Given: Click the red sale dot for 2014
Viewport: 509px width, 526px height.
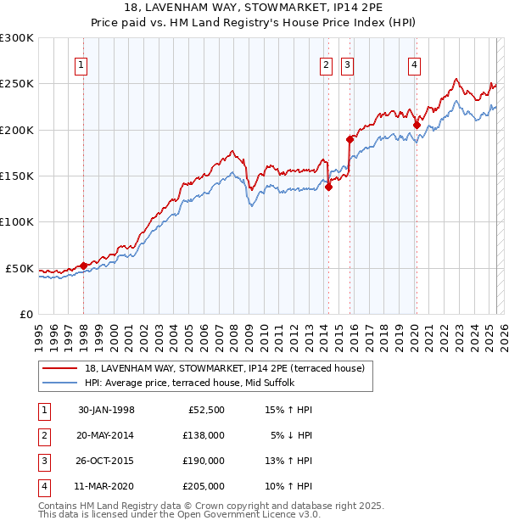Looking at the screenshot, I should point(328,187).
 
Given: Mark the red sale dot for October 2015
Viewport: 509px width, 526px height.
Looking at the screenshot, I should point(350,139).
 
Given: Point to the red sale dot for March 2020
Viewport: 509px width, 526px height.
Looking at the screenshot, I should point(417,126).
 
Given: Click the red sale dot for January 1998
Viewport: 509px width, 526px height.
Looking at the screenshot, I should point(83,266).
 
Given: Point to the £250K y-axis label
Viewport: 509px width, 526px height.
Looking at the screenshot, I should point(17,84).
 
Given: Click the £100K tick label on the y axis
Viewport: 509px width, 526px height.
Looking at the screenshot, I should point(17,221).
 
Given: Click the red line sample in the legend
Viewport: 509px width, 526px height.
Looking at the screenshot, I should point(60,368).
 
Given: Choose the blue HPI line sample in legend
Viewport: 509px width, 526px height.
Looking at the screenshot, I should point(60,383).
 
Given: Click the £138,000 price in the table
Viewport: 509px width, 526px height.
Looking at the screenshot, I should point(204,435).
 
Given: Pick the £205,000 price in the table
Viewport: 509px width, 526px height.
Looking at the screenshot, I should point(204,486).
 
